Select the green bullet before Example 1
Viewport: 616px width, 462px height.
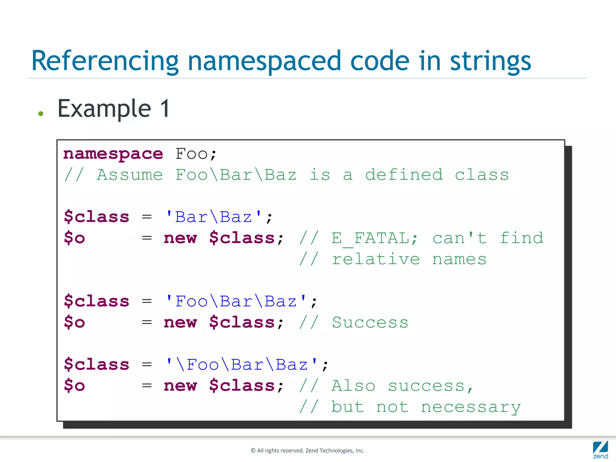tap(41, 114)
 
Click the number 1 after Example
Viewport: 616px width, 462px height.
tap(165, 109)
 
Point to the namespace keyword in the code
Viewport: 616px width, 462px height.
tap(113, 154)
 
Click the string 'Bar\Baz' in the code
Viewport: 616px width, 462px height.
tap(214, 217)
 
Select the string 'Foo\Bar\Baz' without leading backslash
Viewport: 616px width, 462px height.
tap(236, 301)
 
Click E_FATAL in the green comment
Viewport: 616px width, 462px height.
tap(370, 239)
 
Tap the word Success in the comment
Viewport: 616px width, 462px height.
tap(370, 323)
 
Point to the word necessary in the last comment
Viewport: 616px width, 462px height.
tap(471, 407)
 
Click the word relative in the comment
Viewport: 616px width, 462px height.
tap(376, 259)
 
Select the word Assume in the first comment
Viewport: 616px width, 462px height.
tap(130, 175)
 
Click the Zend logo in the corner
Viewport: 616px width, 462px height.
tap(600, 449)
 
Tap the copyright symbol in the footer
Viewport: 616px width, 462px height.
tap(253, 451)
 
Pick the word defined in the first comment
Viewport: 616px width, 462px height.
tap(404, 175)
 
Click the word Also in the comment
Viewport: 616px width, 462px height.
tap(353, 386)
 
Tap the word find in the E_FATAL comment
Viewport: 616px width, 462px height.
tap(521, 239)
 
